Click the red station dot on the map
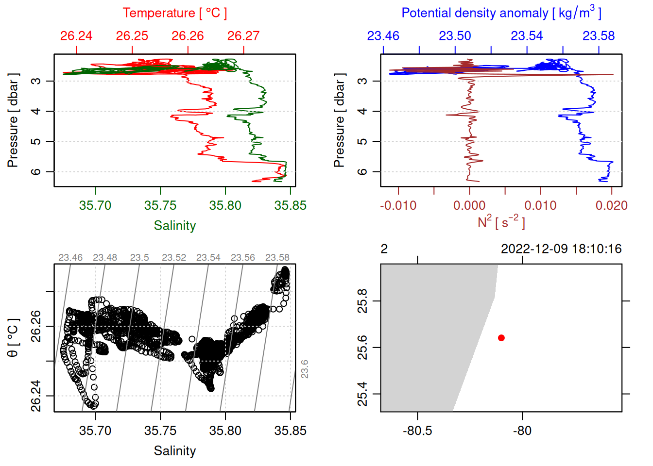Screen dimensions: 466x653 coord(501,338)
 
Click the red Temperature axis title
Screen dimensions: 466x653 coord(174,13)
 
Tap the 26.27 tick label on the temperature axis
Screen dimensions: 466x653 coord(243,36)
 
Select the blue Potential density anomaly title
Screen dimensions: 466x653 coord(501,13)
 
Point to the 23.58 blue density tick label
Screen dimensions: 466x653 coord(599,36)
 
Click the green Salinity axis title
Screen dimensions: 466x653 coord(174,226)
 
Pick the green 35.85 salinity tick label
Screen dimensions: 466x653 coord(290,205)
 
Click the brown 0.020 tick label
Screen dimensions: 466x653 coord(611,205)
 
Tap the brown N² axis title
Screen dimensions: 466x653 coord(501,222)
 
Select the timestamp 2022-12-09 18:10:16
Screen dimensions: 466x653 coord(561,249)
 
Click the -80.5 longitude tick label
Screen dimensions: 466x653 coord(417,431)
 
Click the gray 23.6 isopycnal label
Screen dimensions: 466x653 coord(304,369)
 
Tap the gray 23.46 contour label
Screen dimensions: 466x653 coord(70,258)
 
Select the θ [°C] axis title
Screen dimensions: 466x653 coord(13,338)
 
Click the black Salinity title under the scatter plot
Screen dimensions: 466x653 coord(174,451)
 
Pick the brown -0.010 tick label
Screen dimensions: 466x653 coord(398,205)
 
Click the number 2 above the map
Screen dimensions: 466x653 coord(384,249)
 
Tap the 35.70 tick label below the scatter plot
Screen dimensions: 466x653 coord(95,431)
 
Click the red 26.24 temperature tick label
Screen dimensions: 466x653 coord(76,36)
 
